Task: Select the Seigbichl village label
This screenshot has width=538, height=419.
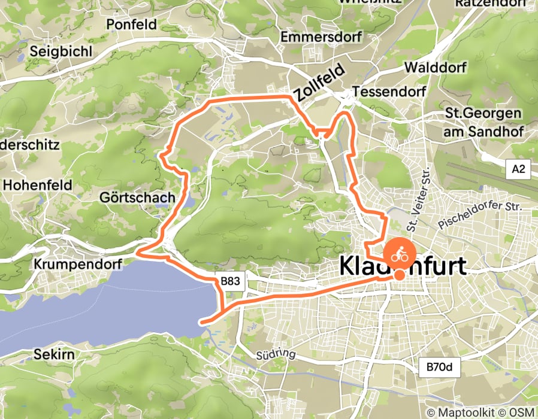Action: [63, 51]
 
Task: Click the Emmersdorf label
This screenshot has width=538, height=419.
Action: [321, 38]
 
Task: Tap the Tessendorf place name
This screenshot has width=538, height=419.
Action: [389, 92]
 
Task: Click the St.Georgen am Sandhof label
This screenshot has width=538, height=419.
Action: [483, 122]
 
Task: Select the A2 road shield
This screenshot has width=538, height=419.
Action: [518, 170]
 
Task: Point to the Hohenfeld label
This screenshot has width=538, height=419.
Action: [37, 185]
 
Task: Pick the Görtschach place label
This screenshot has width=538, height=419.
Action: [138, 197]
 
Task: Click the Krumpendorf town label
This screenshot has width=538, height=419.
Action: [78, 263]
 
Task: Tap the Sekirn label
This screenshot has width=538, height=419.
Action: [55, 354]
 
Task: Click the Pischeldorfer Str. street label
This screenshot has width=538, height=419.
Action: [480, 215]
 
